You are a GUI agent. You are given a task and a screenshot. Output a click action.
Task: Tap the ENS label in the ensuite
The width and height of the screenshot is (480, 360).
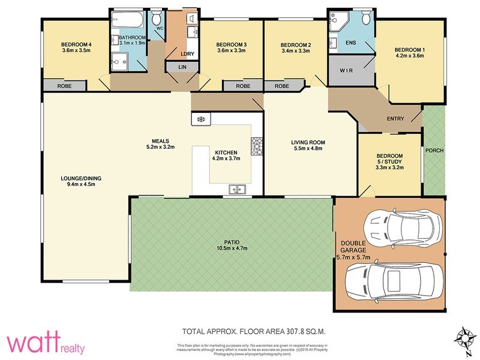click(352, 42)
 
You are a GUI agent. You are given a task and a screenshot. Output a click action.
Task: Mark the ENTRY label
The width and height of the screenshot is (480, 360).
click(395, 118)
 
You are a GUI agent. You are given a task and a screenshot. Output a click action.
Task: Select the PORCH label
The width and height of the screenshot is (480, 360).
click(434, 150)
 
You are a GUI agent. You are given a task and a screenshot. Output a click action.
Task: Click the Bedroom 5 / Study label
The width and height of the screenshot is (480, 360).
click(389, 161)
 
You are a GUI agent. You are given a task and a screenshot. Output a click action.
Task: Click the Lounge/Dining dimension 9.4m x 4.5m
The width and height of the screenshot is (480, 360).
click(77, 184)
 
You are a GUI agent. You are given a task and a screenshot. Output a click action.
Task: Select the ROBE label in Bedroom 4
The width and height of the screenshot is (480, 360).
click(65, 86)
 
